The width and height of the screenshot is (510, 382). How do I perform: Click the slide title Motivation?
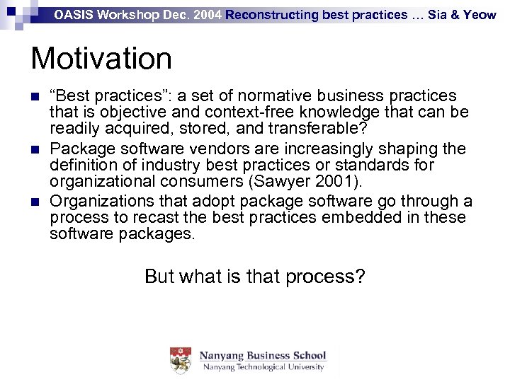click(101, 59)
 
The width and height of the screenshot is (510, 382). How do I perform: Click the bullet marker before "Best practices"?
click(35, 96)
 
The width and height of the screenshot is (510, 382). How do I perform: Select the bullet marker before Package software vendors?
click(35, 149)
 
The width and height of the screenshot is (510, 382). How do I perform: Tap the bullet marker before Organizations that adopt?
click(35, 202)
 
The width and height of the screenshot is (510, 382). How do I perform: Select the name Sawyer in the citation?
click(277, 182)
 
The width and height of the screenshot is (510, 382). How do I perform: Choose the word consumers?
click(205, 182)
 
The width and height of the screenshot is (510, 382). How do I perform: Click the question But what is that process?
click(254, 275)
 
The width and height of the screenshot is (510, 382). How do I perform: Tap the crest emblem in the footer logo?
click(181, 360)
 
